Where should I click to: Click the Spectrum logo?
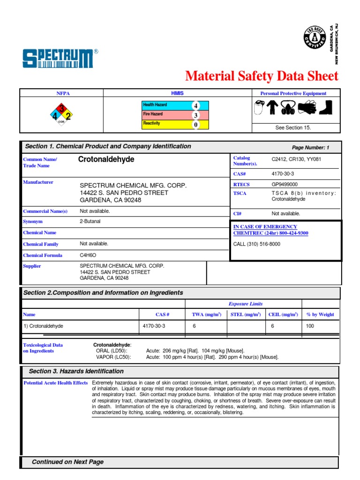click(x=60, y=59)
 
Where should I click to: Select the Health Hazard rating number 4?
click(x=195, y=105)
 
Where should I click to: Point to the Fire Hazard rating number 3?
click(x=195, y=115)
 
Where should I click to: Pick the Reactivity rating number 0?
click(x=195, y=124)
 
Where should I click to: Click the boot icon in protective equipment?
click(x=325, y=108)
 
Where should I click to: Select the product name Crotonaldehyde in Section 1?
click(x=106, y=160)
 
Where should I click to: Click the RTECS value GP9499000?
click(x=285, y=185)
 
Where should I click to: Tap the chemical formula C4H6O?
click(x=88, y=255)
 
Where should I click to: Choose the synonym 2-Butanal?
click(x=90, y=221)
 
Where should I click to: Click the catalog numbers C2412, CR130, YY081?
click(x=296, y=159)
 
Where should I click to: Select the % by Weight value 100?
click(x=310, y=326)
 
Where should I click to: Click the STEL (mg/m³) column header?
click(x=246, y=315)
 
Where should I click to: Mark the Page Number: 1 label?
click(x=310, y=148)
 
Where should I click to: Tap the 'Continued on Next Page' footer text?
click(x=67, y=462)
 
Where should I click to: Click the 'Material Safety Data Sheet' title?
click(x=262, y=76)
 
